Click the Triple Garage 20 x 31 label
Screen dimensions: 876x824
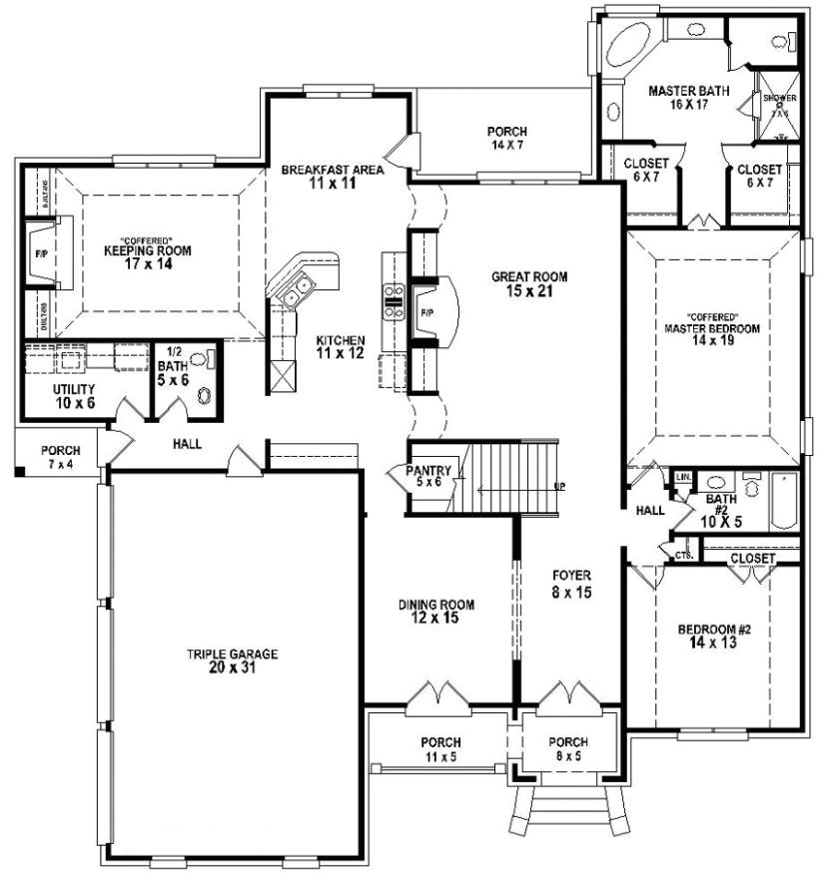[x=231, y=660]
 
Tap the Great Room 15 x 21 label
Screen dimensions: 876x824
[x=529, y=284]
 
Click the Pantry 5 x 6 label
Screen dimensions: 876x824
[x=428, y=476]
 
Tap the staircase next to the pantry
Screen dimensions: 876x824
[x=514, y=478]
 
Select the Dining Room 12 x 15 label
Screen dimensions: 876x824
[x=435, y=611]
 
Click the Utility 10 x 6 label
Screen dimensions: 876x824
[x=73, y=395]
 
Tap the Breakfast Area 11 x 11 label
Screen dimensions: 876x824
[x=332, y=176]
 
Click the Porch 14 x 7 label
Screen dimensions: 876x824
[x=506, y=138]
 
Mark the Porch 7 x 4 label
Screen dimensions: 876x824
[x=60, y=457]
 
